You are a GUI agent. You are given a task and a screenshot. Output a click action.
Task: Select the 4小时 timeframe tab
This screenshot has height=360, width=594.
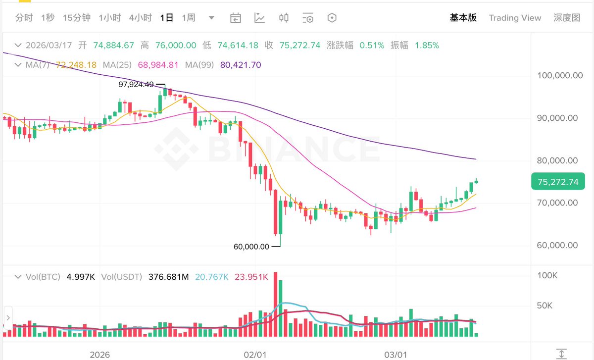pos(140,18)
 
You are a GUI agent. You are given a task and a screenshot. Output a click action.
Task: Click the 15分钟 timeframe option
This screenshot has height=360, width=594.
pos(77,18)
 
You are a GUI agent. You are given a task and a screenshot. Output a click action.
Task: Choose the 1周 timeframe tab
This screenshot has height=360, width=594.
pos(189,18)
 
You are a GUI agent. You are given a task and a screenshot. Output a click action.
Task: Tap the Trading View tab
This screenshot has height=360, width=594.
pos(515,18)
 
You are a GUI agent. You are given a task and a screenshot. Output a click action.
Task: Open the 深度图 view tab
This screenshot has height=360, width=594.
pos(567,18)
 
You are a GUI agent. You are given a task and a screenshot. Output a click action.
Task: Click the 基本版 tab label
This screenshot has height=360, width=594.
pos(463,18)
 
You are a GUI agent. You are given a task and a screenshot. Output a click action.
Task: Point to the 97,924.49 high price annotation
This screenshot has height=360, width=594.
pos(136,85)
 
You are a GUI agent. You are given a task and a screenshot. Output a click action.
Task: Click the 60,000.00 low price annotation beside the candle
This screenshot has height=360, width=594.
pos(251,247)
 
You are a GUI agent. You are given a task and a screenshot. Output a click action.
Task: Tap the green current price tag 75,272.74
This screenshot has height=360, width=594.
pos(557,182)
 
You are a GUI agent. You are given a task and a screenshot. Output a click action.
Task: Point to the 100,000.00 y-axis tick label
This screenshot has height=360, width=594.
pos(560,76)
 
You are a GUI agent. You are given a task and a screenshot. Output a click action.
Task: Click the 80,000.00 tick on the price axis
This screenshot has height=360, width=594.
pos(560,160)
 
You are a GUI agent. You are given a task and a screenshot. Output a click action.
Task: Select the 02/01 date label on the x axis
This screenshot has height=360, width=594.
pos(255,355)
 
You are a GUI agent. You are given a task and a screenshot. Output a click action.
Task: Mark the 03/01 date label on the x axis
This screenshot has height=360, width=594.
pos(396,355)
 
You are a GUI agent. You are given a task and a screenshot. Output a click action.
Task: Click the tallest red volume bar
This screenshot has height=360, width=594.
pos(275,304)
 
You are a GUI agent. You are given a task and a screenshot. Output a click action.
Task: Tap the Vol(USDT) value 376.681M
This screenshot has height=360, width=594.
pos(168,277)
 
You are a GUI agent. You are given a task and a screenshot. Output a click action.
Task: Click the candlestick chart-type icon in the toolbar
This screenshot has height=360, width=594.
pos(284,18)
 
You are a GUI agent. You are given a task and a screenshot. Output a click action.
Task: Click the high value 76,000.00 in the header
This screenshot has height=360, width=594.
pos(175,46)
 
